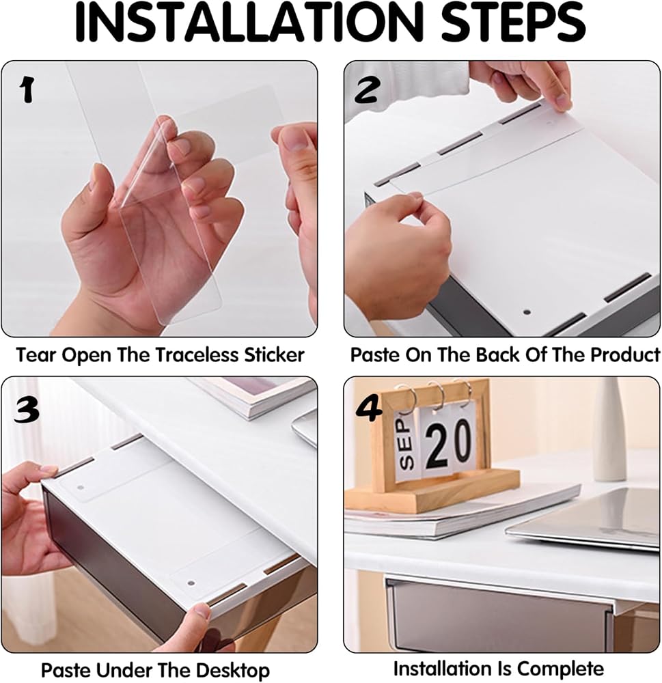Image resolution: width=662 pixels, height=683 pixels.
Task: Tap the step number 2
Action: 366,91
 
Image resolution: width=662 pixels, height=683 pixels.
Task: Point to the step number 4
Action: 369,409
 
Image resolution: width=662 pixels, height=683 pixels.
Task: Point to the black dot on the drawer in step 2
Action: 527,312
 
